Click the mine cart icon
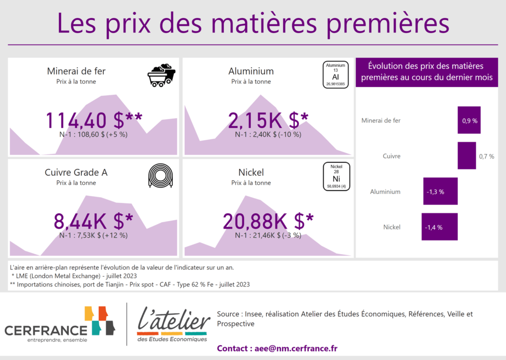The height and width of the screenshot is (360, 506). point(162,75)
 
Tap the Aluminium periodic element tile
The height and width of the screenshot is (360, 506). point(336,75)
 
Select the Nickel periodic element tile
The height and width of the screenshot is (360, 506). point(336,176)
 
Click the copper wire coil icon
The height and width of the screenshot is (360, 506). point(161,176)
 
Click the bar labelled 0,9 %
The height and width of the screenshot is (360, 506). point(469,120)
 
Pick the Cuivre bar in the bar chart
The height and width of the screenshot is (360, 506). point(466,156)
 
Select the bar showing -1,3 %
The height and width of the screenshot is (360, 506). point(440,191)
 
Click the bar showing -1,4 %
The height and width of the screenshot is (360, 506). point(439,227)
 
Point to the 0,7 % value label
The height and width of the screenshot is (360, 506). point(487,157)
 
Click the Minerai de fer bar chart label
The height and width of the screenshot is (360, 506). point(381,120)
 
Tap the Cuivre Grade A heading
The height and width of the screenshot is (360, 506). point(76,172)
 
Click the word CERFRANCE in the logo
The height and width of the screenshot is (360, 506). point(46,331)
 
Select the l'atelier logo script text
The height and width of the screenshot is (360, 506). point(174,320)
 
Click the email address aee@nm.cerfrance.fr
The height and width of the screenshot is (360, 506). point(296,348)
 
